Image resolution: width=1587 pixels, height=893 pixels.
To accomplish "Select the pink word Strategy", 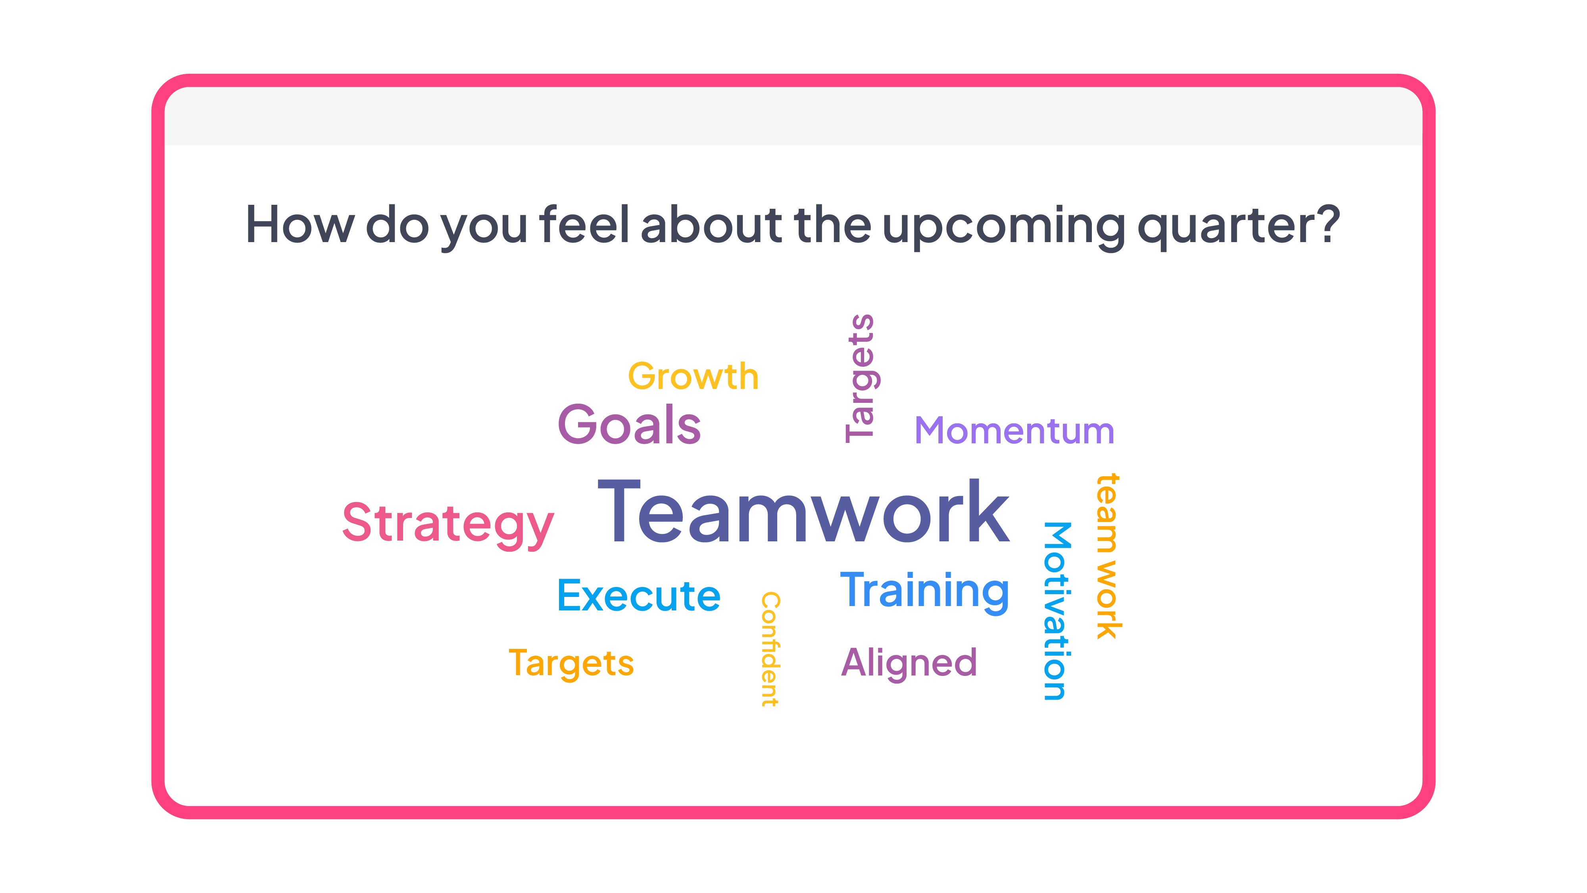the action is tap(448, 524).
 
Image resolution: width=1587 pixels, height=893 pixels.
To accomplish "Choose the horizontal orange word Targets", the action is tap(571, 664).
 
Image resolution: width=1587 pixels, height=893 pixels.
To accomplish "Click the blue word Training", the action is tap(925, 592).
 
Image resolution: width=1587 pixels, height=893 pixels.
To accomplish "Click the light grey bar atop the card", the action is tap(793, 116).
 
